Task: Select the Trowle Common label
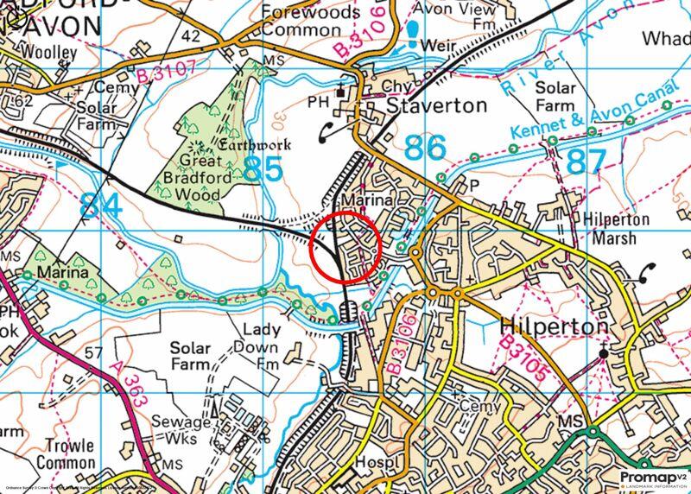point(60,455)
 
